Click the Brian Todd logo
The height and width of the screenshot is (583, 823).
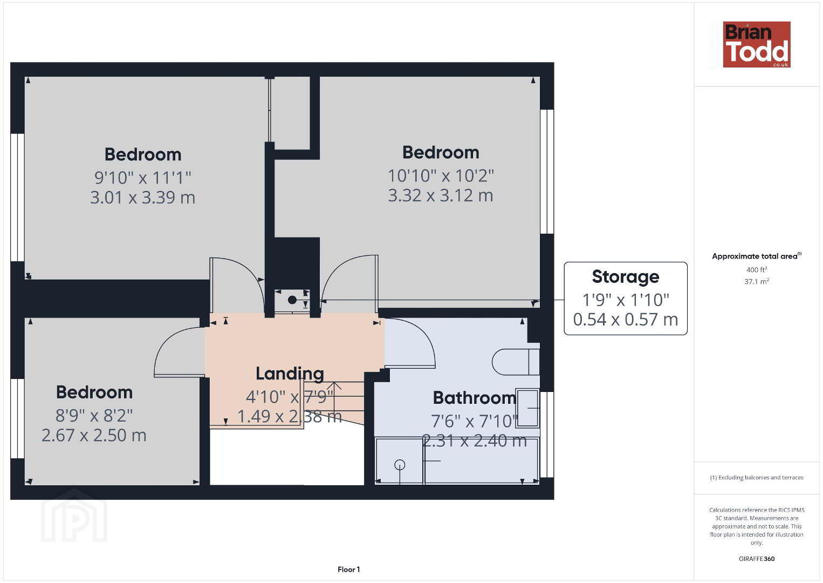coord(757,44)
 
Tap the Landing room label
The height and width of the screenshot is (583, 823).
coord(290,374)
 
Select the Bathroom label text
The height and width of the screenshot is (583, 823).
coord(475,398)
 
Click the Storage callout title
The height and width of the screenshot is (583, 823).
coord(626,277)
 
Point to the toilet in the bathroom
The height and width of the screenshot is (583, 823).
coord(516,362)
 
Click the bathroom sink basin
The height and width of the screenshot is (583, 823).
coord(527,408)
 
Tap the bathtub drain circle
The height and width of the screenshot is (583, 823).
coord(400,465)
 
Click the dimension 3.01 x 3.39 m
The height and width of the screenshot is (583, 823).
coord(142,198)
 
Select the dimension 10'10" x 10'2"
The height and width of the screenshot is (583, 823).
coord(441,176)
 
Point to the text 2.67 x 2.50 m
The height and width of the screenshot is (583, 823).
coord(94,436)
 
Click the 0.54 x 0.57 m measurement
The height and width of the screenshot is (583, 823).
coord(626,319)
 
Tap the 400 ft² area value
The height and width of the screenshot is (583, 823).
coord(757,269)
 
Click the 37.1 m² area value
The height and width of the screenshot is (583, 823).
coord(757,281)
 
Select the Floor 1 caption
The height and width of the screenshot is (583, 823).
coord(349,570)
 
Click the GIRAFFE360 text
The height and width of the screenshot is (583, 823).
coord(757,559)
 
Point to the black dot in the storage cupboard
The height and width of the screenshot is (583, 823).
coord(292,300)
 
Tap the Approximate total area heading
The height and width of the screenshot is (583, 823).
coord(757,256)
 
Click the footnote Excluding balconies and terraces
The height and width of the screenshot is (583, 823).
coord(757,477)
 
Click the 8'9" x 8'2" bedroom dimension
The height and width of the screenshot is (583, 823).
coord(94,416)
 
